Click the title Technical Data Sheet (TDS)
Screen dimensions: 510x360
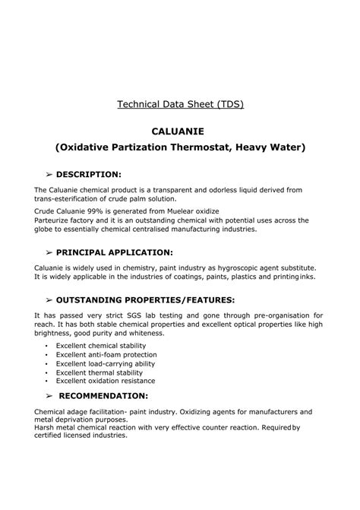point(180,103)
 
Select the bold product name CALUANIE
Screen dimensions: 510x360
point(180,131)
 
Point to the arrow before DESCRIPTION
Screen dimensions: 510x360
point(49,174)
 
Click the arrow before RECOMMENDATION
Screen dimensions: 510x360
point(49,396)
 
